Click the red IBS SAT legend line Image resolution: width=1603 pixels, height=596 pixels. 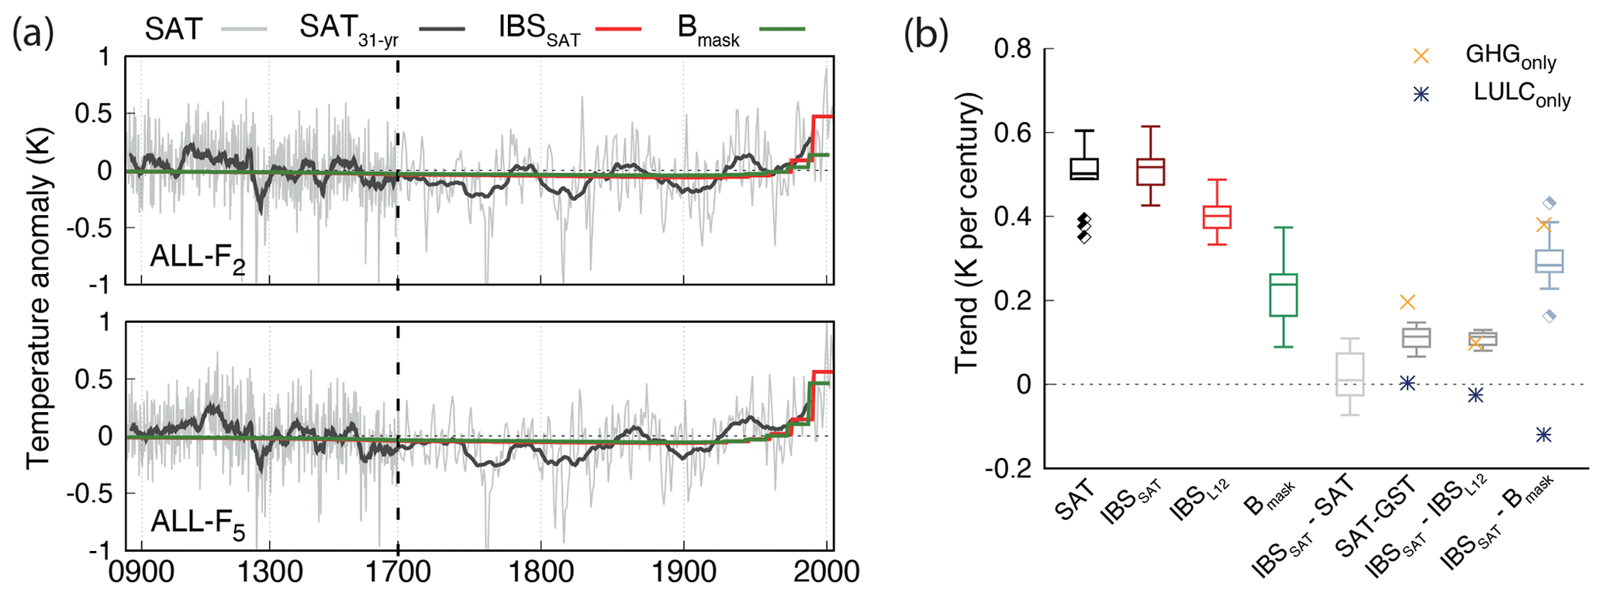pos(618,29)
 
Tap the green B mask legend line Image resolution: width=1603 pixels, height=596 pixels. pos(782,29)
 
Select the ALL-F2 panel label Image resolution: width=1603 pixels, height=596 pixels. pos(198,257)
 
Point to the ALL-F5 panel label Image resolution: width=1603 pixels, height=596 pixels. pos(198,523)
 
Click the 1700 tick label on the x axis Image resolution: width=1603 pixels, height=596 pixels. pos(398,573)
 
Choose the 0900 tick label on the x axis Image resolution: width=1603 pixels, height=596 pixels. pos(140,573)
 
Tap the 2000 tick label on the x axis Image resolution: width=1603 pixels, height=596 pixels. pos(827,573)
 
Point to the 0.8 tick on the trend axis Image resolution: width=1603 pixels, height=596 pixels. pos(1013,49)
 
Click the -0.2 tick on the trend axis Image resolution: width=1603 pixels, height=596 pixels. pos(1008,468)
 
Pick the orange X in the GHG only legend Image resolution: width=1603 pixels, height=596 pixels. pos(1421,56)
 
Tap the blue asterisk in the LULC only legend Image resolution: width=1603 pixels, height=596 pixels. pos(1421,94)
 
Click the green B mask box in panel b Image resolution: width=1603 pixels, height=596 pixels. pos(1283,295)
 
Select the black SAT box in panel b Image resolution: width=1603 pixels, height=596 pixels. pos(1084,168)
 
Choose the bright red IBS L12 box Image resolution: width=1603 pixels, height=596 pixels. pos(1217,217)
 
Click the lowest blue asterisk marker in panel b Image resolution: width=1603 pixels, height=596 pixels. pos(1543,435)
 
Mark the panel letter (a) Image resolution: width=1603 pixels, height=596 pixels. pos(33,33)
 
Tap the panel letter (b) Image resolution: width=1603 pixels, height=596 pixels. pos(926,33)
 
